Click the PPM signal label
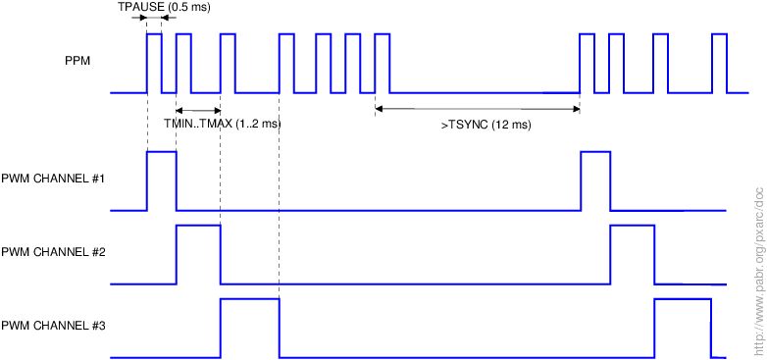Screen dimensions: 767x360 pos(77,62)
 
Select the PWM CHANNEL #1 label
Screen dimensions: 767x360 pos(55,180)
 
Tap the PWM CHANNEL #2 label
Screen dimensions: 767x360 pos(55,253)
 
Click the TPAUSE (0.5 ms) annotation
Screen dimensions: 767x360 pos(164,8)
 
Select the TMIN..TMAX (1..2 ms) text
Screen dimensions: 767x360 pos(223,124)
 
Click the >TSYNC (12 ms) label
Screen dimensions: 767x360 pos(486,126)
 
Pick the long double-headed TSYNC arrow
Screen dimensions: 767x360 pos(478,109)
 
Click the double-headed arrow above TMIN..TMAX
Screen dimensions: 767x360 pos(198,110)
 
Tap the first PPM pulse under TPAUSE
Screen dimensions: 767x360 pos(154,64)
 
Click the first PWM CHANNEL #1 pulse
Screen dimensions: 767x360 pos(162,180)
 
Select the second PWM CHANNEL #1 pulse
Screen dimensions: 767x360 pos(595,180)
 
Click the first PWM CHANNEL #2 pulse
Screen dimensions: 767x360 pos(198,255)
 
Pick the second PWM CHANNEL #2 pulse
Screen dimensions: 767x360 pos(633,255)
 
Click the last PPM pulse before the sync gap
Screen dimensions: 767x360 pos(383,64)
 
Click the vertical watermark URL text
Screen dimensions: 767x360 pos(759,272)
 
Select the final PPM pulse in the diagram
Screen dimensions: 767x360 pos(720,64)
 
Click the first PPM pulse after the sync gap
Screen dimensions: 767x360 pos(587,64)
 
